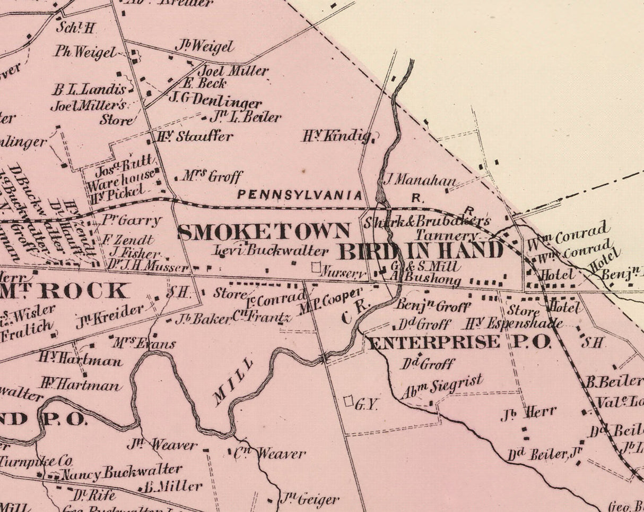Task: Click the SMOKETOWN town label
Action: (x=264, y=232)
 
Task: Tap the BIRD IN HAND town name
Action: (x=421, y=251)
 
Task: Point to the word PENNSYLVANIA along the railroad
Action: (x=300, y=195)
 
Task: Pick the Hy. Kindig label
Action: (x=336, y=136)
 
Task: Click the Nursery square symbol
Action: (x=316, y=267)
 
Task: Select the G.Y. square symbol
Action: (x=349, y=401)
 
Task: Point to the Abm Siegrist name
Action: (x=442, y=387)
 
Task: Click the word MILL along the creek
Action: (x=233, y=382)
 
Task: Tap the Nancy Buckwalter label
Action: (x=122, y=472)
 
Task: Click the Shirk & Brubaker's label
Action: (x=427, y=221)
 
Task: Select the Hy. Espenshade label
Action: (x=514, y=323)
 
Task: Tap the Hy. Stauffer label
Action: (x=193, y=136)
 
